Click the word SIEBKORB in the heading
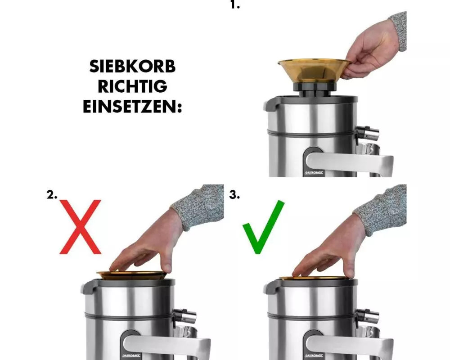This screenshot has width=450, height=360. coord(132,66)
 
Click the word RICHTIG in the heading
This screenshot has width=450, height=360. coord(132,86)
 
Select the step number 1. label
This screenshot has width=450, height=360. coord(235,4)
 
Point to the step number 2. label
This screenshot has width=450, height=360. coord(52,195)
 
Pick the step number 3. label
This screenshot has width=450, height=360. coord(234,195)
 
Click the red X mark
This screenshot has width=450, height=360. coord(81,227)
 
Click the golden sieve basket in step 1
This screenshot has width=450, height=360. coord(314,70)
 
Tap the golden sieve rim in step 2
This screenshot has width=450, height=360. coord(132,275)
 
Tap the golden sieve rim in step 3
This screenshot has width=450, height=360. coord(314,279)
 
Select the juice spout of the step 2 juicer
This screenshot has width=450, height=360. coord(185,316)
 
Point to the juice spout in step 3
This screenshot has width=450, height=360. coord(368,316)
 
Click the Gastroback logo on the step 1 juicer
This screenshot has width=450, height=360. coord(314,172)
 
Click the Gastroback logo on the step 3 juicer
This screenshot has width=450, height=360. coord(314,355)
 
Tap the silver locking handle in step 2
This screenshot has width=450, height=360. coord(167,346)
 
